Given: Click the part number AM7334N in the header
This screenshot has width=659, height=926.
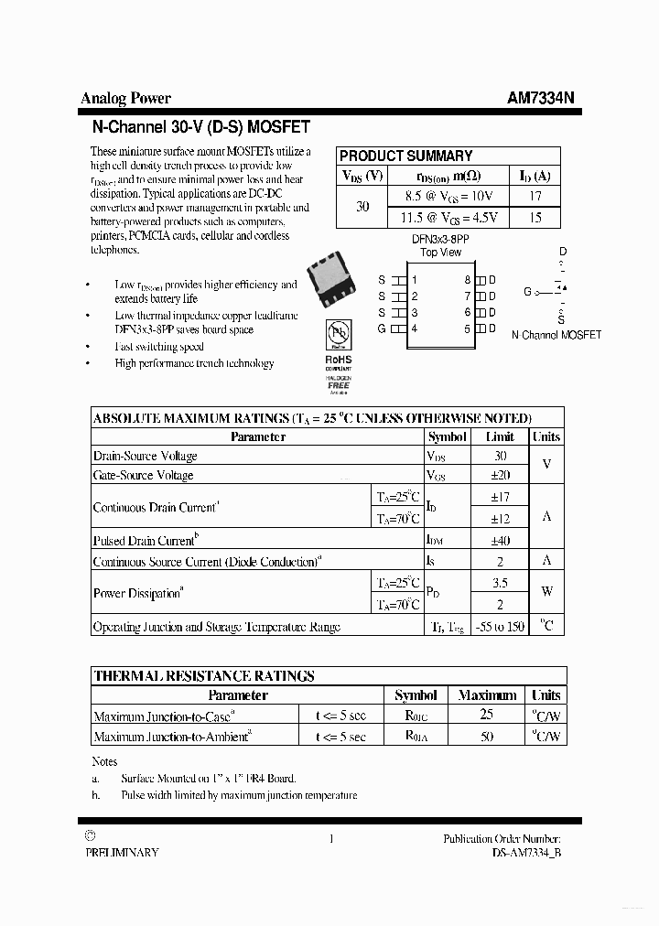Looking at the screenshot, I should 541,99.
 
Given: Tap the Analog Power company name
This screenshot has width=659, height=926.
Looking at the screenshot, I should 125,99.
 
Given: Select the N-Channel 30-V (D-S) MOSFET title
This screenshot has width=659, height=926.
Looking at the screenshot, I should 201,127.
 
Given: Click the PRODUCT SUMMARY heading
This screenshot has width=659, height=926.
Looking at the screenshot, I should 405,156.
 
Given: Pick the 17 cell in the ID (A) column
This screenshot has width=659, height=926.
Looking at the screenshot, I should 535,196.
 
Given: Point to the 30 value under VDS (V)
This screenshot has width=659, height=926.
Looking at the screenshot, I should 362,207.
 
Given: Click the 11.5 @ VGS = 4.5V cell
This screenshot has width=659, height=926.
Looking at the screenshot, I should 448,218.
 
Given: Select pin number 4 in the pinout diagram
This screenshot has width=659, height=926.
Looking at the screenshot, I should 415,328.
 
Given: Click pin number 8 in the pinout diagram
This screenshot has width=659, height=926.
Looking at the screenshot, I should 467,280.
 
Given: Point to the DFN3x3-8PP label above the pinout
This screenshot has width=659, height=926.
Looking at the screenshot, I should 440,239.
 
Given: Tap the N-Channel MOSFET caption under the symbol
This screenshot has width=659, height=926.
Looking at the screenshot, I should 556,335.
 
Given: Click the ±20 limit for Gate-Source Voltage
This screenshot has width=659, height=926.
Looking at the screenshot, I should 500,476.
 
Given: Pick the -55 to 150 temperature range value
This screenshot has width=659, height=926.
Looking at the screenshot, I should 500,627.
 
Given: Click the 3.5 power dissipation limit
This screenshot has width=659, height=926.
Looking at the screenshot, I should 500,582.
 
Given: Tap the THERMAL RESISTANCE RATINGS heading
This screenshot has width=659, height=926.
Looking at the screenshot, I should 204,676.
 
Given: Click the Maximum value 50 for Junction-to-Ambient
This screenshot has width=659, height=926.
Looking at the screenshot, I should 487,737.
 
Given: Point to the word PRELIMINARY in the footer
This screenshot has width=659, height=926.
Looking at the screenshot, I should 122,853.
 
